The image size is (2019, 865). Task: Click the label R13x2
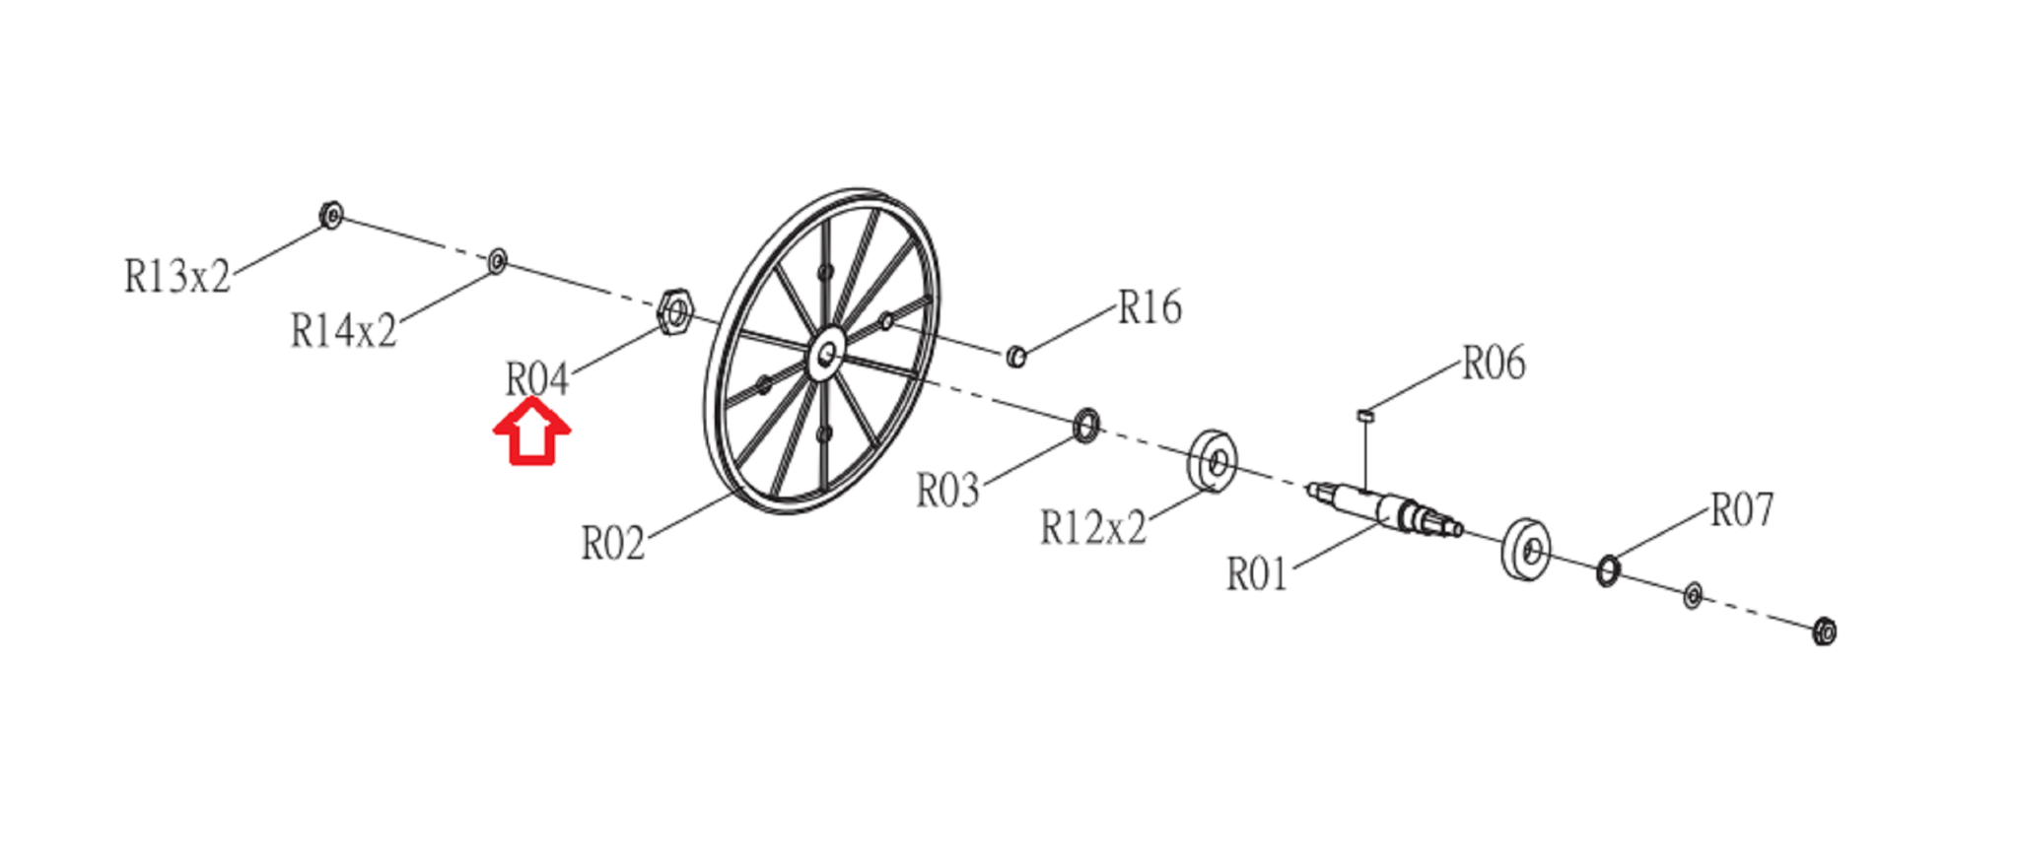tap(177, 277)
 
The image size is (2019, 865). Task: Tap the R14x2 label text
tap(343, 331)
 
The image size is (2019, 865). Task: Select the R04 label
tap(537, 379)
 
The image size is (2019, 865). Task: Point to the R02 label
tap(612, 544)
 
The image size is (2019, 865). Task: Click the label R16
tap(1149, 308)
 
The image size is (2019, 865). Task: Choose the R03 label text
tap(947, 491)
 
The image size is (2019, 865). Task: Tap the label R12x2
tap(1093, 529)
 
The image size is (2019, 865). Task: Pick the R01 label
tap(1257, 574)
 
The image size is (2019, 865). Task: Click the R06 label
tap(1493, 364)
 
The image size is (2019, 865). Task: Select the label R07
tap(1741, 510)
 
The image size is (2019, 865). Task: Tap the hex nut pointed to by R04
tap(675, 312)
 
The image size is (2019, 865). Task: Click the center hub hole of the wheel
tap(826, 353)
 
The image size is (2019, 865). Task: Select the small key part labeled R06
tap(1365, 416)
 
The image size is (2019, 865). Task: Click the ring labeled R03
tap(1085, 425)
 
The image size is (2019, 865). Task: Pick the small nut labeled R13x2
tap(331, 215)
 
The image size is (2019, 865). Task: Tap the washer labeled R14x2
tap(498, 261)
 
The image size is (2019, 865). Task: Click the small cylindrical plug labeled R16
tap(1016, 356)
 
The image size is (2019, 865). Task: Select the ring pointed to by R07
tap(1607, 569)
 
